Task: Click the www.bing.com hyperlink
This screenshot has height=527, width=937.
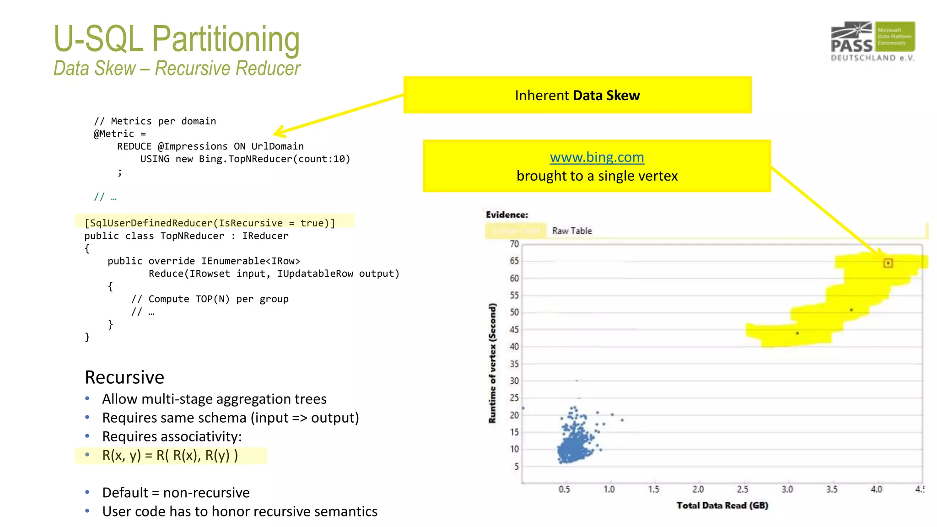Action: (597, 157)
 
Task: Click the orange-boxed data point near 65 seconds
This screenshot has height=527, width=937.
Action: (888, 263)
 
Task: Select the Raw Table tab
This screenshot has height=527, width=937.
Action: (571, 231)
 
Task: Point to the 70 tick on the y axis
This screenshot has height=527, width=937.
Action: (514, 244)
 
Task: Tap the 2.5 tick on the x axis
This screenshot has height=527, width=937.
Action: (742, 489)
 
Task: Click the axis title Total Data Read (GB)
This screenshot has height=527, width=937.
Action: (722, 505)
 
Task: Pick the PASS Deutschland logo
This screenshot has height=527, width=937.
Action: (872, 41)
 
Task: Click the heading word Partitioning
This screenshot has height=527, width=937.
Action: (226, 39)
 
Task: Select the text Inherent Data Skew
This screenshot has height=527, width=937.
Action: (577, 95)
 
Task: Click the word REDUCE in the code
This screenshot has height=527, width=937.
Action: (134, 146)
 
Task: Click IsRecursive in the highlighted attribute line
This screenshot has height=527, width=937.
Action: (250, 223)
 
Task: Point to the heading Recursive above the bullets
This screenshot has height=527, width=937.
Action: (124, 377)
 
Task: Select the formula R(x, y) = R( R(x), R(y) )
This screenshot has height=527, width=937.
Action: (170, 456)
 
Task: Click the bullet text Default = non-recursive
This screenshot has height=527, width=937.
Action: (176, 493)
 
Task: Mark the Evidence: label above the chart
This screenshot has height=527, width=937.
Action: (506, 215)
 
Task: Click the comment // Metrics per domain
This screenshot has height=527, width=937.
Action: (155, 121)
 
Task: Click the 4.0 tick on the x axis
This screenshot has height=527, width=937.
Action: (876, 489)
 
